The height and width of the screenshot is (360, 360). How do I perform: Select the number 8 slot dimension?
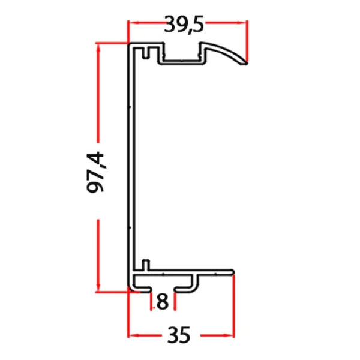pos(161,302)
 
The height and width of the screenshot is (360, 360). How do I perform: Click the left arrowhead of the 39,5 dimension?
pos(133,24)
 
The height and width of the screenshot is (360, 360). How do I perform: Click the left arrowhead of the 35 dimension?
pos(133,334)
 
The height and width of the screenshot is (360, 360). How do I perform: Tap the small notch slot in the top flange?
pos(145,53)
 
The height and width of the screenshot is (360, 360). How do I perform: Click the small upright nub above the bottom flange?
pos(145,264)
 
